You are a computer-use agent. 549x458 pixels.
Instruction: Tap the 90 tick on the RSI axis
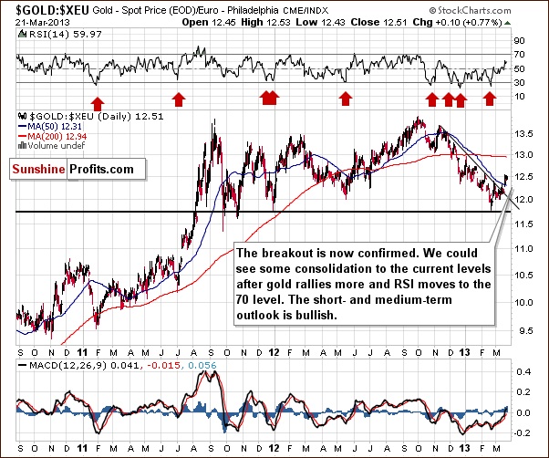click(x=520, y=42)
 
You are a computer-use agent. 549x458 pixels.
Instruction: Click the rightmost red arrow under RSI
click(x=489, y=97)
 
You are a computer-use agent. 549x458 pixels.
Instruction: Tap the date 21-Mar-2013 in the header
click(x=35, y=21)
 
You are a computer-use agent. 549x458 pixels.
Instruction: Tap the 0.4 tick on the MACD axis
click(x=523, y=372)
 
